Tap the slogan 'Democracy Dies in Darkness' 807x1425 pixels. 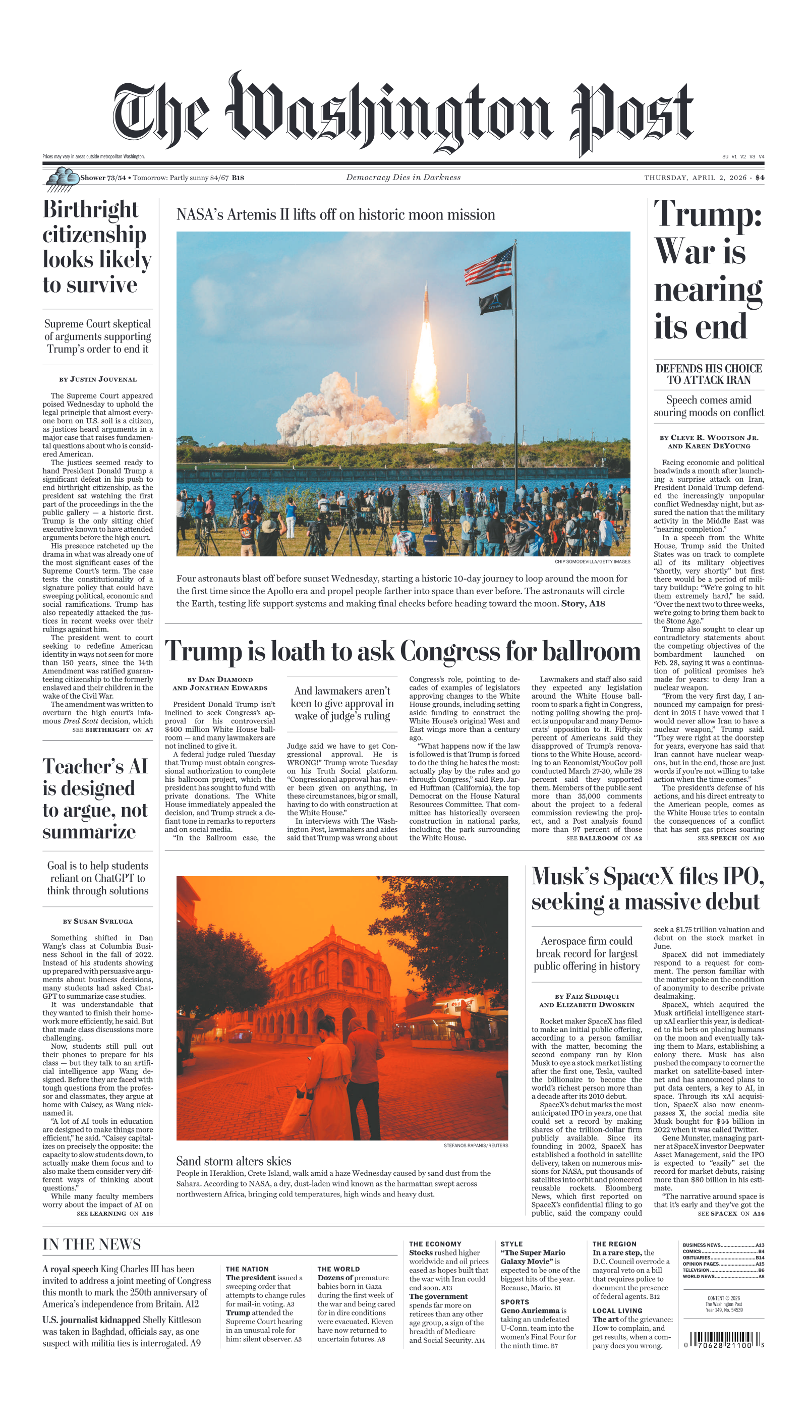tap(403, 178)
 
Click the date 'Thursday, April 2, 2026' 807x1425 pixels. tap(695, 178)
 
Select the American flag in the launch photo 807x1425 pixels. tap(489, 265)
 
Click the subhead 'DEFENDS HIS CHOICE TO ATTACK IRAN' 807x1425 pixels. tap(708, 374)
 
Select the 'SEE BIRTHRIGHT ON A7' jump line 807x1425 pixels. tap(112, 730)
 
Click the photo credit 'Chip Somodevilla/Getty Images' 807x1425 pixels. tap(592, 561)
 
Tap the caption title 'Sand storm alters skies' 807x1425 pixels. tap(234, 1161)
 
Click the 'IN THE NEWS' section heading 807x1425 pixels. tap(91, 1244)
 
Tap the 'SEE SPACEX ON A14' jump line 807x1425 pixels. tap(730, 1214)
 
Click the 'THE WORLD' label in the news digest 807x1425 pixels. tap(338, 1269)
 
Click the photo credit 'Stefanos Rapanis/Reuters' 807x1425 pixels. tap(476, 1146)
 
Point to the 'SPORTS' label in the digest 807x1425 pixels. tap(514, 1302)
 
